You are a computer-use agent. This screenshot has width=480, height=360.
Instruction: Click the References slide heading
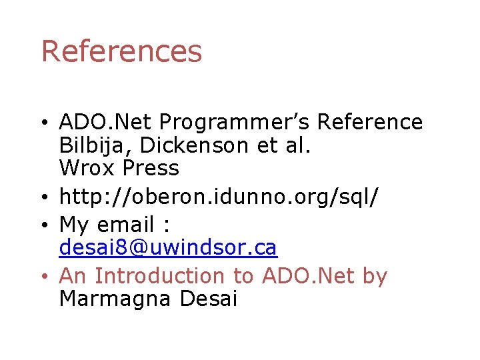(121, 51)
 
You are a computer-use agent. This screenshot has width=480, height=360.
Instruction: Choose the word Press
(151, 168)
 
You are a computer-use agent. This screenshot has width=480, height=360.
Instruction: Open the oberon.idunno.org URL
(219, 197)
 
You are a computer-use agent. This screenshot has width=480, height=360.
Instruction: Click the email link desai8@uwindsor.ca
(168, 248)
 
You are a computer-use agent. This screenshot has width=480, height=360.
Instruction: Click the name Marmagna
(116, 299)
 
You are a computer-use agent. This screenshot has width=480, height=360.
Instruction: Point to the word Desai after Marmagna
(209, 299)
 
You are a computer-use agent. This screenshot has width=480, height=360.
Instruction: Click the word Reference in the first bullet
(369, 123)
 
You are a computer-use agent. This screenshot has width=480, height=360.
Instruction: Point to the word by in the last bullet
(373, 276)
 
